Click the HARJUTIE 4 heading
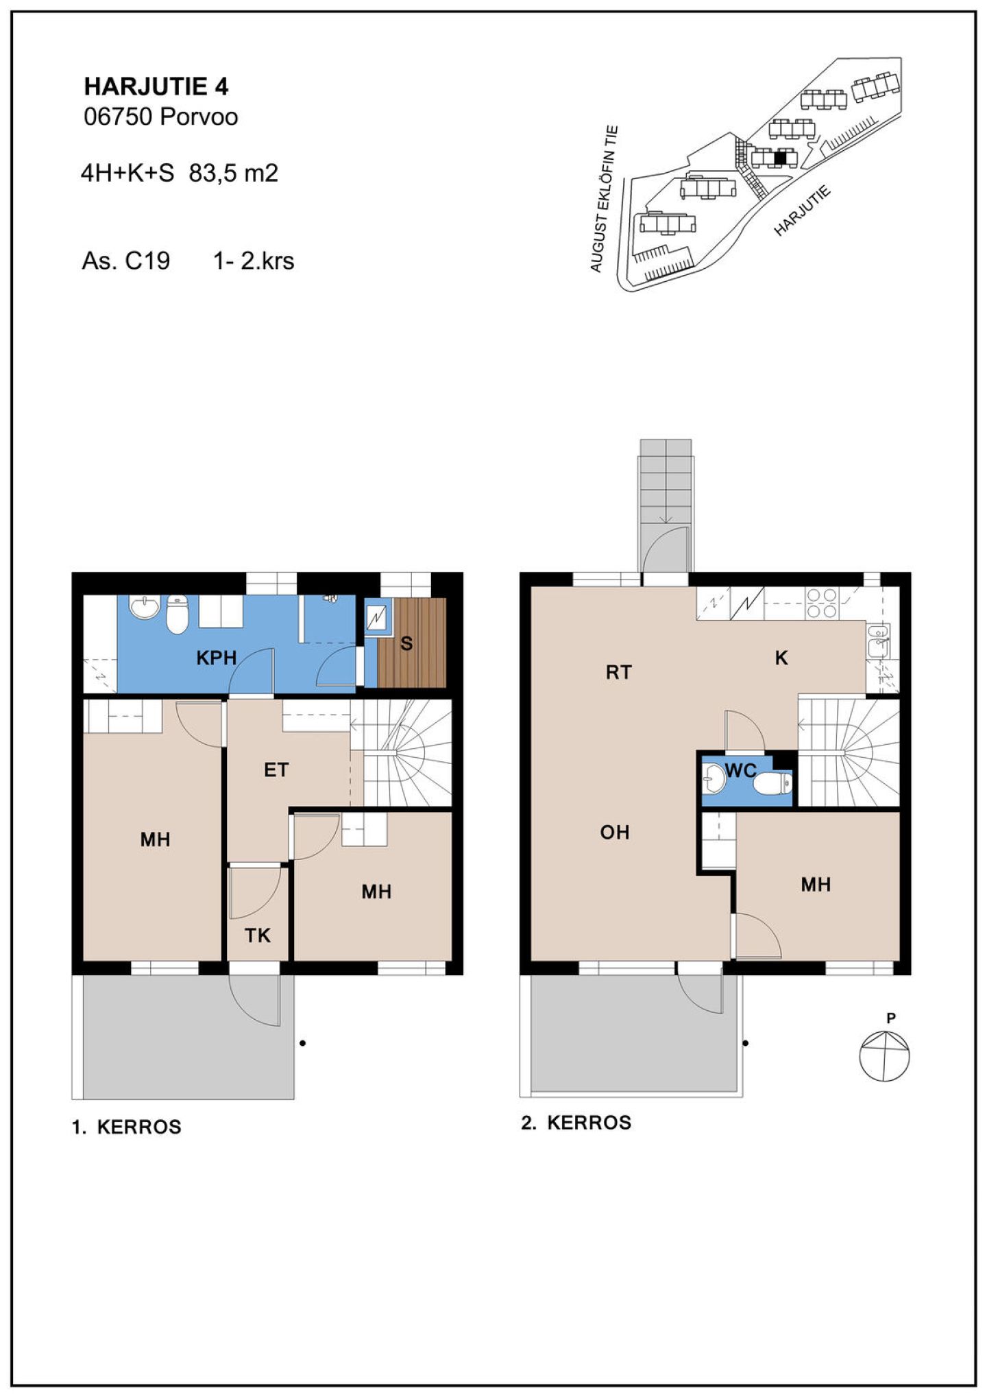tap(156, 86)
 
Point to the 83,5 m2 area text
tap(234, 174)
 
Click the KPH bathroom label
tap(217, 658)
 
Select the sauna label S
tap(406, 644)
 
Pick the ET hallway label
tap(276, 770)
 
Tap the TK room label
tap(258, 935)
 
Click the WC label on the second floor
tap(740, 771)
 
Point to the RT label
tap(619, 673)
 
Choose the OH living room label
tap(615, 833)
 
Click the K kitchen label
tap(781, 658)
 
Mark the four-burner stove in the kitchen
tap(821, 604)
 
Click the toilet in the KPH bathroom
tap(178, 614)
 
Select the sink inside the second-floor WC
tap(714, 778)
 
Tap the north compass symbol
tap(885, 1056)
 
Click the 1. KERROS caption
tap(127, 1127)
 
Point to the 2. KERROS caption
tap(576, 1123)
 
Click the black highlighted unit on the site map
tap(778, 158)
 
